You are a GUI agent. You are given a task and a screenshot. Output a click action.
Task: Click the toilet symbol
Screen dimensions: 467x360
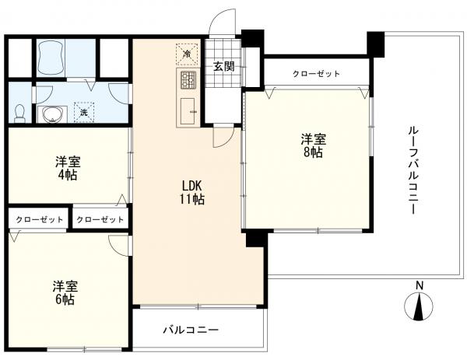point(20,113)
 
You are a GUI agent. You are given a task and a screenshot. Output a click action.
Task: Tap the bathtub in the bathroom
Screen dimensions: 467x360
point(51,58)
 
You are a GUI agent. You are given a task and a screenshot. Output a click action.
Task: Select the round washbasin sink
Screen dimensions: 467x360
point(52,114)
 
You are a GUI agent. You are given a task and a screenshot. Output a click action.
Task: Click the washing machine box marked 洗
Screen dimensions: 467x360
point(84,112)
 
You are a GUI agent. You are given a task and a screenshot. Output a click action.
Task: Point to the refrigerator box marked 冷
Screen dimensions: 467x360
point(187,54)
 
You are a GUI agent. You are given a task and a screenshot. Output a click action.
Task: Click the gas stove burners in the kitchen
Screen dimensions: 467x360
point(188,80)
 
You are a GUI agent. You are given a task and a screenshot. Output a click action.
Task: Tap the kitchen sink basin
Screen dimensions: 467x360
point(188,111)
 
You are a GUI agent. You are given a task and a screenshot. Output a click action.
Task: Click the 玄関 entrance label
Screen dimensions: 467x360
point(223,66)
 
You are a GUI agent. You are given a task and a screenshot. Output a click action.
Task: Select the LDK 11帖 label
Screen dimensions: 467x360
point(191,193)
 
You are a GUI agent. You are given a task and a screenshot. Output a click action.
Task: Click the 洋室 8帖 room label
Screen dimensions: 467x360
point(313,145)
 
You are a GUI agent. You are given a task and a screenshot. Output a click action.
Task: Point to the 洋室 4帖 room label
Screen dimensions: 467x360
point(68,169)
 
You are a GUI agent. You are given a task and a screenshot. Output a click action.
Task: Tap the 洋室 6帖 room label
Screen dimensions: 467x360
point(65,293)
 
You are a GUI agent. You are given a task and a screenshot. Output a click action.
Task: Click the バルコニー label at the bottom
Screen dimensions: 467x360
point(191,330)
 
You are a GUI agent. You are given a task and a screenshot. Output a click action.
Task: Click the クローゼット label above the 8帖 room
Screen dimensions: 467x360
point(316,74)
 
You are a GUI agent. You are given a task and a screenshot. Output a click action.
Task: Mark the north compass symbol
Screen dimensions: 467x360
point(419,306)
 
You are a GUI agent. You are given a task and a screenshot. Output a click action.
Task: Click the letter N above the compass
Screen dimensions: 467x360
point(420,285)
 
